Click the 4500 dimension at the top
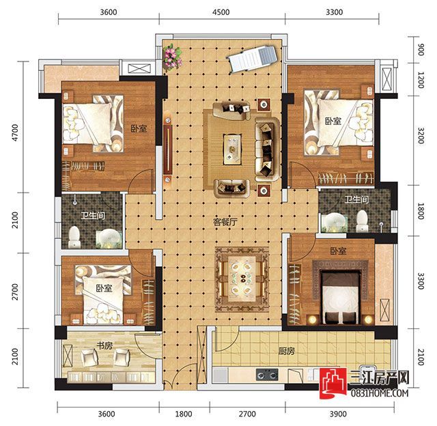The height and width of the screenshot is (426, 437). pyautogui.click(x=221, y=12)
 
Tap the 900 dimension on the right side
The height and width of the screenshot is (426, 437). pyautogui.click(x=421, y=50)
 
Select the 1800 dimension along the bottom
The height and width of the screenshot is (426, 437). pyautogui.click(x=184, y=414)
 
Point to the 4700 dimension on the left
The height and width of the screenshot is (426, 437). pyautogui.click(x=15, y=132)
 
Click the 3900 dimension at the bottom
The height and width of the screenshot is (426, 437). pyautogui.click(x=338, y=414)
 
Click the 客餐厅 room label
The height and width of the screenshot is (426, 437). pyautogui.click(x=225, y=222)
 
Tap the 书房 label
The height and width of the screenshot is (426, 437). pyautogui.click(x=104, y=345)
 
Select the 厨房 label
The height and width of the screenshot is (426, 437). pyautogui.click(x=287, y=351)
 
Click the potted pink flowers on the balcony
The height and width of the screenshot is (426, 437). pyautogui.click(x=172, y=57)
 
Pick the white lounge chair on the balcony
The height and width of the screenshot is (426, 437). pyautogui.click(x=252, y=59)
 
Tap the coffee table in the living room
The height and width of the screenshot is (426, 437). pyautogui.click(x=232, y=149)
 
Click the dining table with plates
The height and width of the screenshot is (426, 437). pyautogui.click(x=242, y=279)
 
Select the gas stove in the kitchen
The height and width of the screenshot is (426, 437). pyautogui.click(x=267, y=374)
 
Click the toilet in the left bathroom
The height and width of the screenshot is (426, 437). pyautogui.click(x=74, y=237)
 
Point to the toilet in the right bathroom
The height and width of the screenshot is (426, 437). pyautogui.click(x=362, y=221)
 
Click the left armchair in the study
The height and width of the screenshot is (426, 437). pyautogui.click(x=89, y=358)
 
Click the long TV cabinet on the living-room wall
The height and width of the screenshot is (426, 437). pyautogui.click(x=167, y=150)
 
